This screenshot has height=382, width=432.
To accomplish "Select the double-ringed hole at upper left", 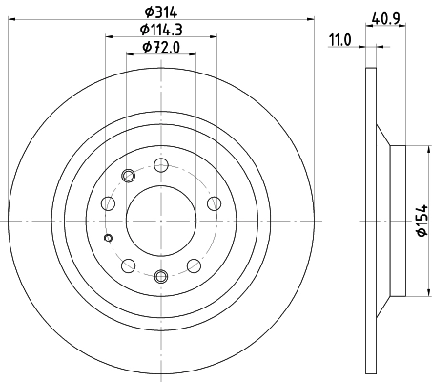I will (129, 175).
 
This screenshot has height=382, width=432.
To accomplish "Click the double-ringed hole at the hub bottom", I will (160, 277).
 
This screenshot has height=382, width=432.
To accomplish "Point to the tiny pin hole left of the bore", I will (108, 238).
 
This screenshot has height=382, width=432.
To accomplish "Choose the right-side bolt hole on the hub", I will (214, 202).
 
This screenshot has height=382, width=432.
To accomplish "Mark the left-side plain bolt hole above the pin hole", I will (108, 202).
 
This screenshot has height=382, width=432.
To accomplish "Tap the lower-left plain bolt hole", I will (128, 265).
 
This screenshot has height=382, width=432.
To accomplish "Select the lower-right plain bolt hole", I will (194, 265).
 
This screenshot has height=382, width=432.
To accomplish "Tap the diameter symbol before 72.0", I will (144, 47).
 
